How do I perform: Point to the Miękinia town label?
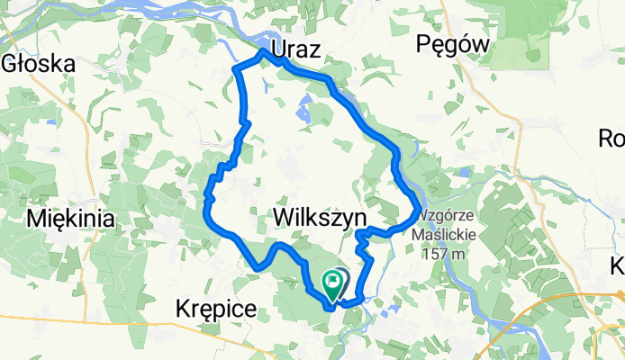coord(71,218)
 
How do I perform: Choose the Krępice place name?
coord(213,310)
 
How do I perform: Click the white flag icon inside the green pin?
coord(332,281)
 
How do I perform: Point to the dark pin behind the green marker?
coord(343,279)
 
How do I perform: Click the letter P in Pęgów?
coord(424,44)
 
